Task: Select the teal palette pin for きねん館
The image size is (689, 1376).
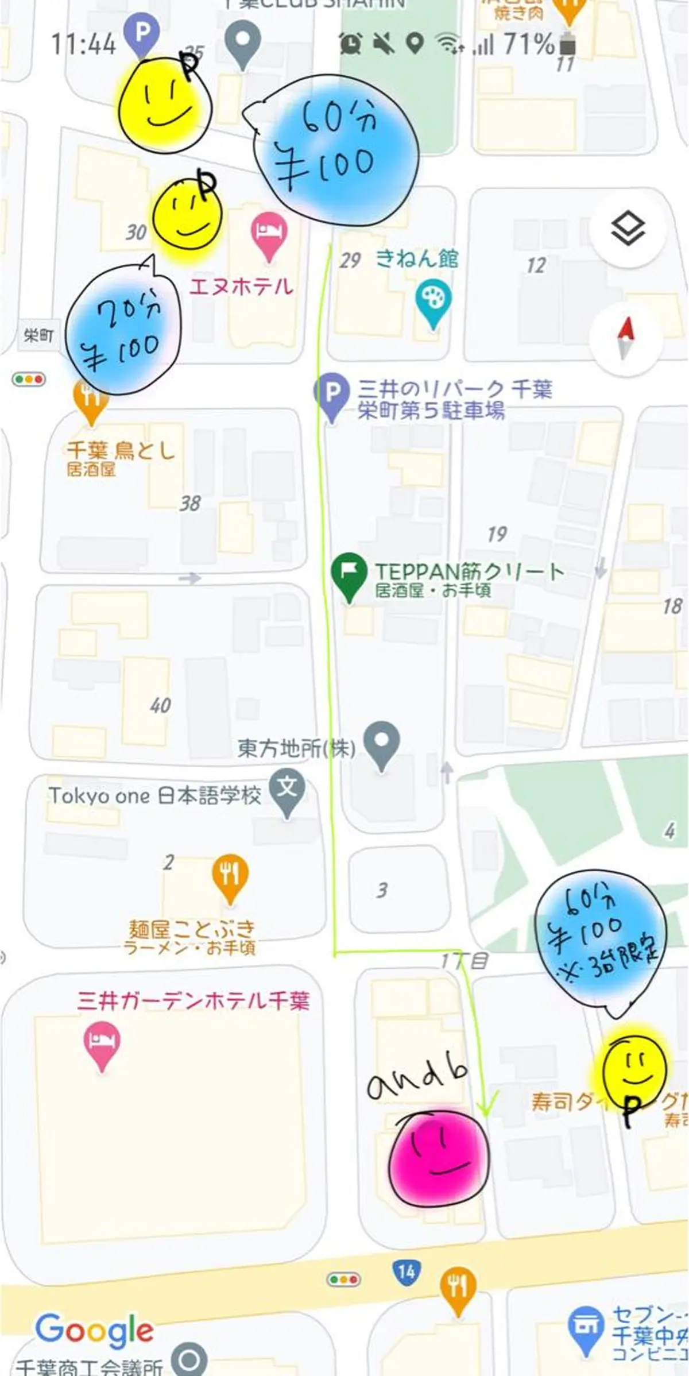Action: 433,303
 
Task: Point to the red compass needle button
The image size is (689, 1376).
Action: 625,338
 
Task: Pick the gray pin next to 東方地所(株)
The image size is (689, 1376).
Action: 382,744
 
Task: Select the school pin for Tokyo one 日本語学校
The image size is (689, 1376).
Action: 287,793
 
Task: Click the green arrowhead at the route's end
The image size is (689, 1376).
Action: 487,1106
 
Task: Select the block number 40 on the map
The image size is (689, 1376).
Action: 160,705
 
